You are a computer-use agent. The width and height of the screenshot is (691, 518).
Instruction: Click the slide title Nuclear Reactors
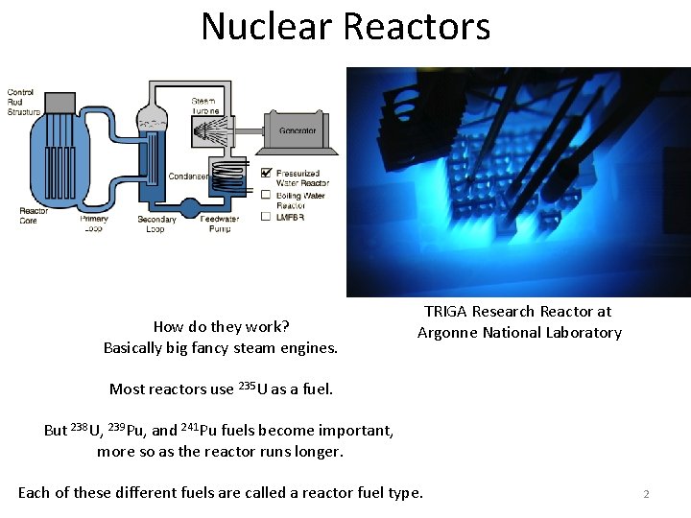tap(345, 27)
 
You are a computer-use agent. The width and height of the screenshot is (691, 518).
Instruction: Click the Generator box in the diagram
tap(298, 131)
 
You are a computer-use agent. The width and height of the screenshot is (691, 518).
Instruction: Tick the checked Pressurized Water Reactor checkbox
tap(266, 174)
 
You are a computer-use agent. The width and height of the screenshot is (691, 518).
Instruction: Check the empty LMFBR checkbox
tap(266, 217)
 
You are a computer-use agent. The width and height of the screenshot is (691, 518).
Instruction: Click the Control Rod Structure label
tap(24, 103)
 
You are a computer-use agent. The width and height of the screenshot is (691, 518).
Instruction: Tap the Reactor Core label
tap(33, 215)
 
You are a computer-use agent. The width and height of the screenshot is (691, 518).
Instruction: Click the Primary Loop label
tap(94, 224)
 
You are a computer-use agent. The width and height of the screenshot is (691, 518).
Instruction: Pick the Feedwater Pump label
tap(219, 224)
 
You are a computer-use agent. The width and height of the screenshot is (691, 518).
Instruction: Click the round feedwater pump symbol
tap(217, 203)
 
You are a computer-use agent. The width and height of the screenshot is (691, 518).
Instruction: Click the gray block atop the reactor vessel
tap(60, 101)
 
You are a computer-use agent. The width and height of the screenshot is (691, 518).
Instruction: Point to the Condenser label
tap(187, 176)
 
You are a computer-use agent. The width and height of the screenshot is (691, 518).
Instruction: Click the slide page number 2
tap(646, 494)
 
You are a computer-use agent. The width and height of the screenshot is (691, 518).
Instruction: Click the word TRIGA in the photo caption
tap(447, 312)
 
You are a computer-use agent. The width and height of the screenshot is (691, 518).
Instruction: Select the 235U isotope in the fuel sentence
tap(253, 388)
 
